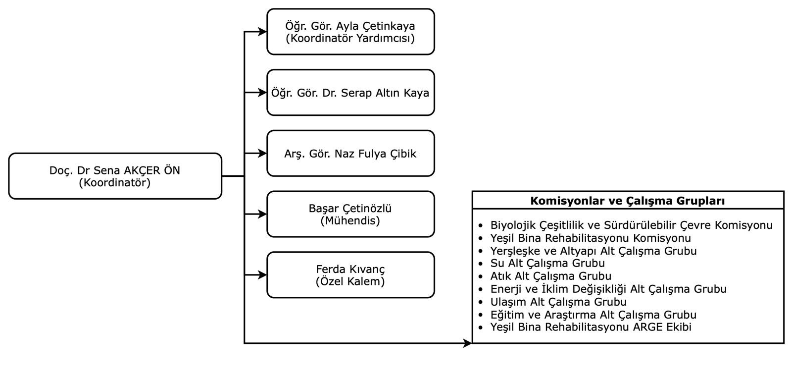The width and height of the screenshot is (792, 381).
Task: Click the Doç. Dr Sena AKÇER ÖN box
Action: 115,176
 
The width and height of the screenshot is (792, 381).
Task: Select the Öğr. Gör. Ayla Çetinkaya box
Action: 350,32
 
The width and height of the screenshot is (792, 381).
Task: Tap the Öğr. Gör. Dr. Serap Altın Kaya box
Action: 350,93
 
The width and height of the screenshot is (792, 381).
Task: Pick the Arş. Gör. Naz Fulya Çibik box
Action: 350,154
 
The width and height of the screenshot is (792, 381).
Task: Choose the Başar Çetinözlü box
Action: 350,214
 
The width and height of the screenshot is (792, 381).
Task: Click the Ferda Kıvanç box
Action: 350,275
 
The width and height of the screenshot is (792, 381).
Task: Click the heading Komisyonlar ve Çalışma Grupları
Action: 628,201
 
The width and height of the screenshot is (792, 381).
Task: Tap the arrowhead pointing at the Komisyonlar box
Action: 467,343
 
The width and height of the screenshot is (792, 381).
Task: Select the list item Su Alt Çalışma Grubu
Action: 547,263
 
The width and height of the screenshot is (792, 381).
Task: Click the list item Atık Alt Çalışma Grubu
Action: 550,276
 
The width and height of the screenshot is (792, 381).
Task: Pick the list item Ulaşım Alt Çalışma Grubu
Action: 558,302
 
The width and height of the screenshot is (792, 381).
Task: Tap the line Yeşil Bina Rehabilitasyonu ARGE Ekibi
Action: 591,327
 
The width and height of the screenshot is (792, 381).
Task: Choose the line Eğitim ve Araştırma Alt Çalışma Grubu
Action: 593,315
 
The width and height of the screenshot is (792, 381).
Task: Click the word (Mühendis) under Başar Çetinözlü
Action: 350,220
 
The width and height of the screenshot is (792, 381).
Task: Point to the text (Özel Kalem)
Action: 350,281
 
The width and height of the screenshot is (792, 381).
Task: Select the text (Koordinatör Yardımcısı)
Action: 350,38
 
